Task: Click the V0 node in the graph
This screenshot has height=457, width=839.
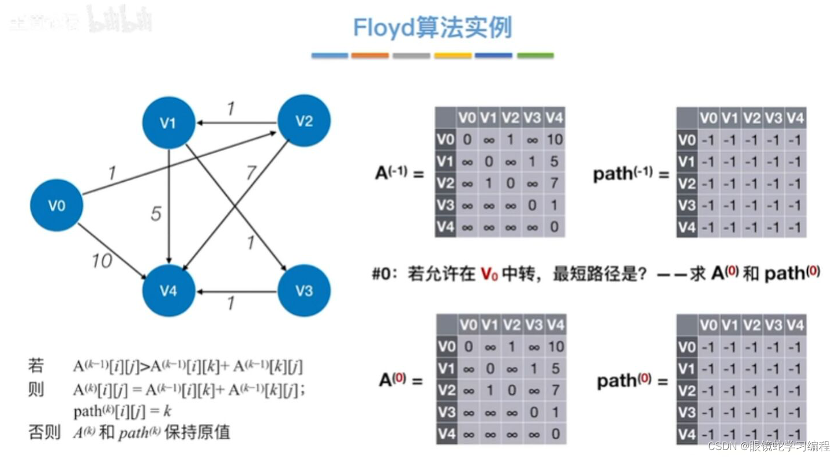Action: coord(57,205)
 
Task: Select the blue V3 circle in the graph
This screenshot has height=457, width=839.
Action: coord(304,290)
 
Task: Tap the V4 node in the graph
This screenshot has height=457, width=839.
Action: coord(168,290)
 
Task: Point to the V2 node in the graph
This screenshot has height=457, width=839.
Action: coord(304,121)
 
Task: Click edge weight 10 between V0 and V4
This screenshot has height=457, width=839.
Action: coord(102,261)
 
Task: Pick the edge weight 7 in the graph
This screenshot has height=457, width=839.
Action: coord(250,172)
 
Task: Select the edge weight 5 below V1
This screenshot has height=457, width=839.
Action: coord(156,214)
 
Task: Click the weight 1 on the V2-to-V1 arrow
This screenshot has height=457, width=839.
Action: coord(231,108)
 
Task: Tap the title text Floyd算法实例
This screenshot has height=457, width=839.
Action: coord(432,27)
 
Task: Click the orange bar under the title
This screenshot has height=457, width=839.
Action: coord(370,55)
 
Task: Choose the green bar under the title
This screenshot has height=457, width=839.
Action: coord(535,55)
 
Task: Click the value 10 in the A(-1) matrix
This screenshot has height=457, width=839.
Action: coord(554,140)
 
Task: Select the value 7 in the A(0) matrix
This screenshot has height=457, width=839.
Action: coord(555,390)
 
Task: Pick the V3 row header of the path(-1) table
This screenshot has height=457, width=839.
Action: coord(687,205)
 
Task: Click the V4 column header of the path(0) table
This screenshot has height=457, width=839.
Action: coord(795,325)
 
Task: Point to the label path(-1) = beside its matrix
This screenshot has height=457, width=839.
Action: coord(630,174)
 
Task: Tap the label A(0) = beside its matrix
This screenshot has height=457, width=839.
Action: coord(400,380)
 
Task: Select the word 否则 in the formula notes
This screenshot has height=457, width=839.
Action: coord(44,432)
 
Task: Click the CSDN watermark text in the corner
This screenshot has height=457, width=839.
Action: coord(768,446)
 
